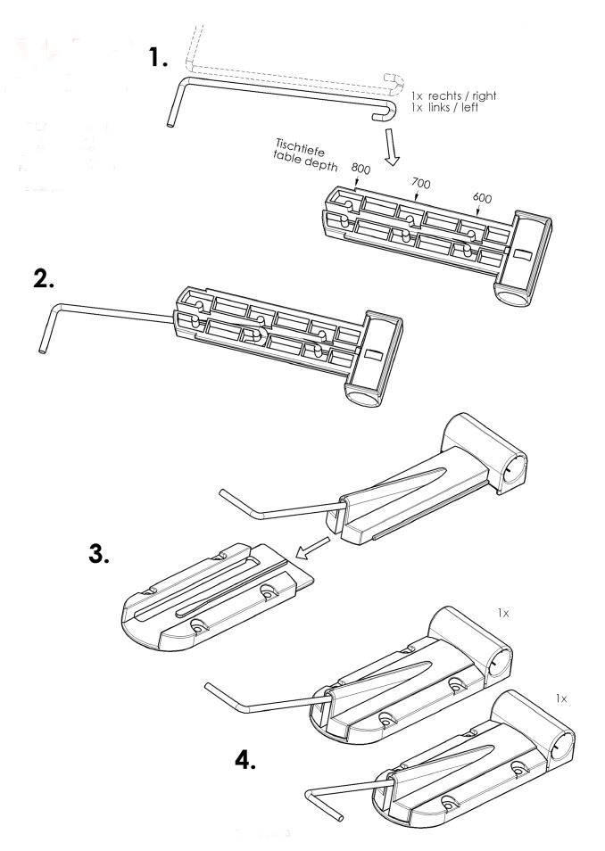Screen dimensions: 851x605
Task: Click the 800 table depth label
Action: click(361, 169)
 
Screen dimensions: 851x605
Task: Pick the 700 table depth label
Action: click(421, 183)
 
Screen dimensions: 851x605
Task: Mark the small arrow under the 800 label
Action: click(355, 182)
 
